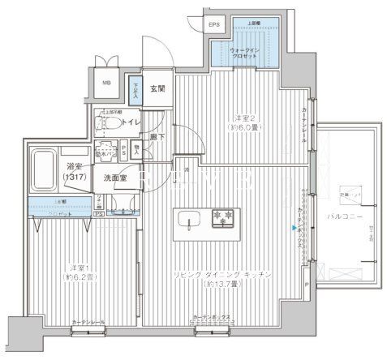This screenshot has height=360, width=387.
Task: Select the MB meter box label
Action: (x=106, y=83)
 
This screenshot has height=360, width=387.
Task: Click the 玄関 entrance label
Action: (x=157, y=89)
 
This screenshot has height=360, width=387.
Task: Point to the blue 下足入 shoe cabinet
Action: (x=134, y=87)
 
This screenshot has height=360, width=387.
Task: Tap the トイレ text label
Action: (x=134, y=122)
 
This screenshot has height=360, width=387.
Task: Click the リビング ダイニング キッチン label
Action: (x=226, y=276)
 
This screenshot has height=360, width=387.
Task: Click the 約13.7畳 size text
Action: (x=226, y=286)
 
